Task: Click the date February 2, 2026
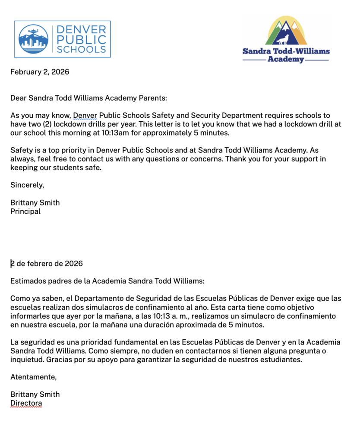[x=40, y=72]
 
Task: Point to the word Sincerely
[x=27, y=185]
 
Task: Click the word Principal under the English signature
[x=25, y=212]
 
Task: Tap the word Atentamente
[x=33, y=377]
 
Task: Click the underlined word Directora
[x=26, y=403]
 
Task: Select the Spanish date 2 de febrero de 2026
[x=47, y=263]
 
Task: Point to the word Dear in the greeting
[x=19, y=98]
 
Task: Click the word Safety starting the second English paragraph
[x=22, y=150]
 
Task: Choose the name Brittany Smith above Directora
[x=35, y=394]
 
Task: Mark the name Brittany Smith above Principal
[x=35, y=202]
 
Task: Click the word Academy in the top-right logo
[x=286, y=59]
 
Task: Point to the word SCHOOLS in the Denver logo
[x=82, y=49]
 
